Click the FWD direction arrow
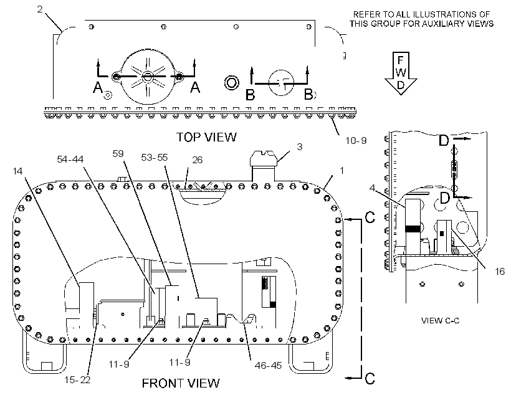[x=401, y=74]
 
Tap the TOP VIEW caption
[x=206, y=137]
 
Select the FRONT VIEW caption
[x=181, y=383]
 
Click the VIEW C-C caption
[x=441, y=321]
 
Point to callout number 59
[x=118, y=153]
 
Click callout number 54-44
[x=70, y=159]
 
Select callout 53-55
[x=154, y=158]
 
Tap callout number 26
[x=198, y=160]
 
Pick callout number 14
[x=17, y=171]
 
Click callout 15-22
[x=77, y=379]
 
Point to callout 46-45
[x=268, y=365]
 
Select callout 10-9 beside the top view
[x=356, y=140]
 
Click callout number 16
[x=500, y=271]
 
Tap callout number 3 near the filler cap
[x=300, y=146]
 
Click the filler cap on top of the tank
[x=264, y=158]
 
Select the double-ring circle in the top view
[x=232, y=82]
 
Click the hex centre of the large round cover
[x=147, y=76]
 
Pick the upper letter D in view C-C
[x=444, y=140]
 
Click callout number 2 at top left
[x=40, y=9]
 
